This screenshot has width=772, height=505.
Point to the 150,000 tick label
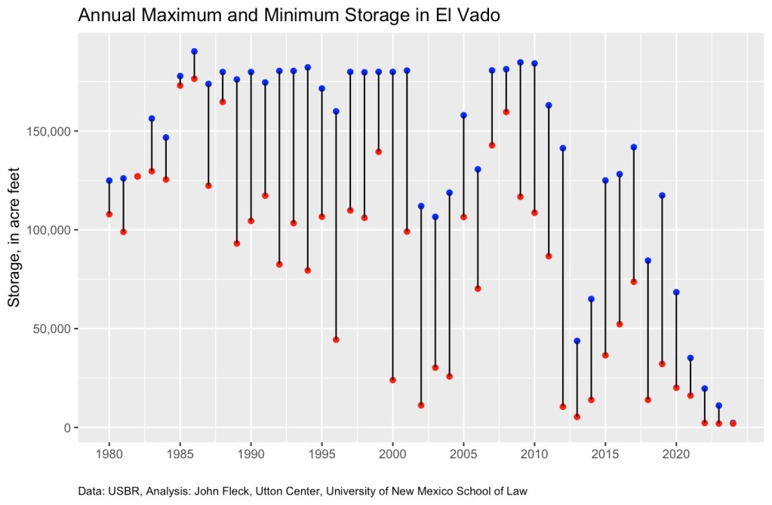(x=49, y=131)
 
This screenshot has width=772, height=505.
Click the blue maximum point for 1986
(x=194, y=51)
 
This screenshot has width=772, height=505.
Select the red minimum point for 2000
(x=392, y=380)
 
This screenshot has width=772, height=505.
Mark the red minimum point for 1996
(x=336, y=339)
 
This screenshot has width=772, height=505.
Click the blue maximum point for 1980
(x=109, y=180)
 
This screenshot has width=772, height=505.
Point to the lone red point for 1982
(x=137, y=176)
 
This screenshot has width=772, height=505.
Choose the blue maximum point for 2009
(x=520, y=63)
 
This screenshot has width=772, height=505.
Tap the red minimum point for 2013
(x=577, y=417)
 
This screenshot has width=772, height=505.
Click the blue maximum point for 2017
(x=633, y=147)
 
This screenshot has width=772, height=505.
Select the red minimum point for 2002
(x=421, y=406)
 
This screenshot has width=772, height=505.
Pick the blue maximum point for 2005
(x=463, y=115)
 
